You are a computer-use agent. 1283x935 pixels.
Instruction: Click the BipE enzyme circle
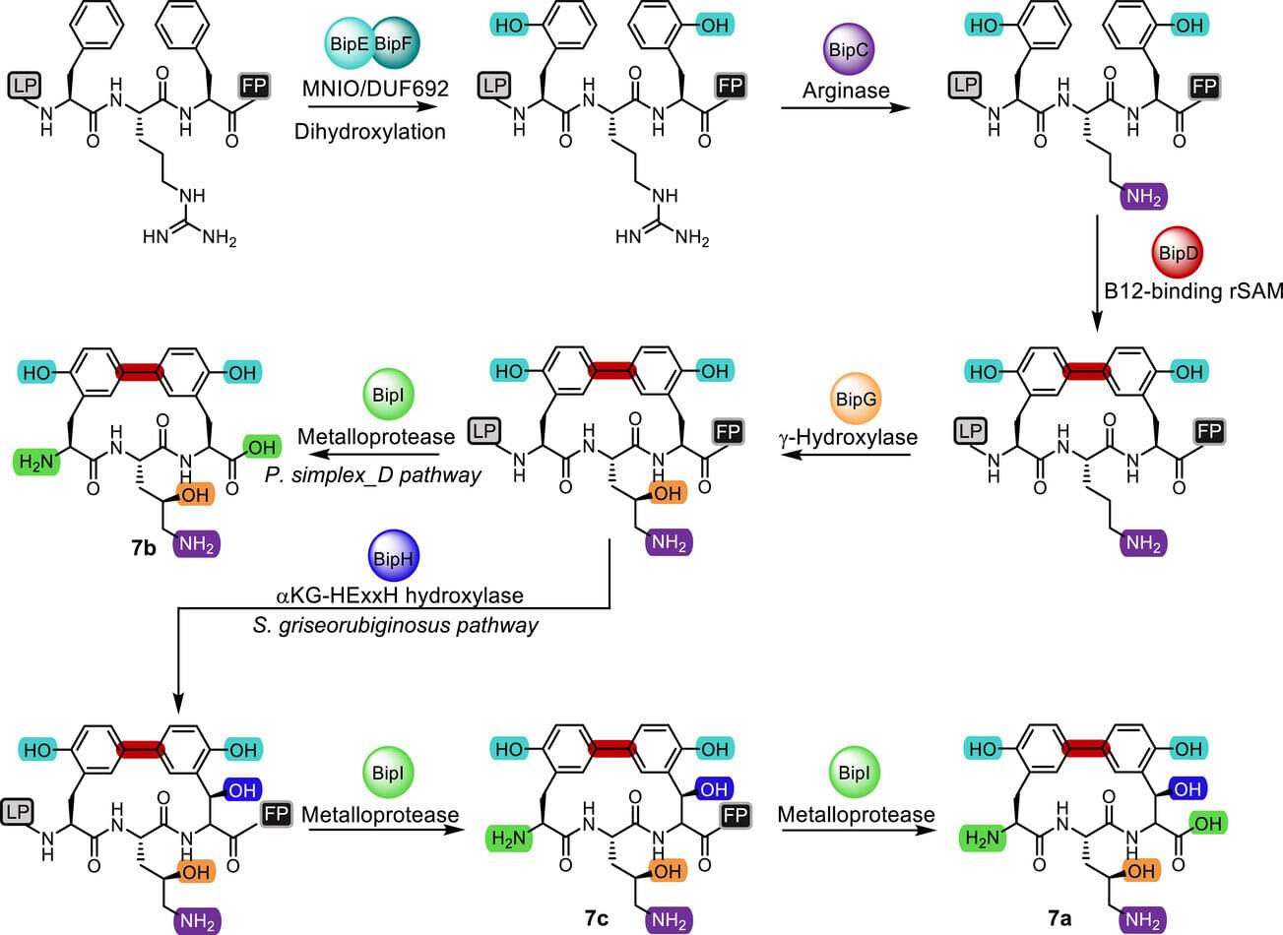[x=349, y=45]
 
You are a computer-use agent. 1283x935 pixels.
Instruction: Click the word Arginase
[x=846, y=91]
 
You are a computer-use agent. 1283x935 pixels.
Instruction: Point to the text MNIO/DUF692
[x=375, y=89]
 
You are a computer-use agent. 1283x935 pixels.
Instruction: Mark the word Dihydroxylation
[x=370, y=130]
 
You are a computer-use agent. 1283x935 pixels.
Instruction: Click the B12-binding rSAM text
[x=1192, y=290]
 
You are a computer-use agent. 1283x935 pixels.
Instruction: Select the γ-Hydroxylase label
[x=847, y=438]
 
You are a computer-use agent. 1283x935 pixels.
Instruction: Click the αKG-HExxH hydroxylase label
[x=399, y=594]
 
